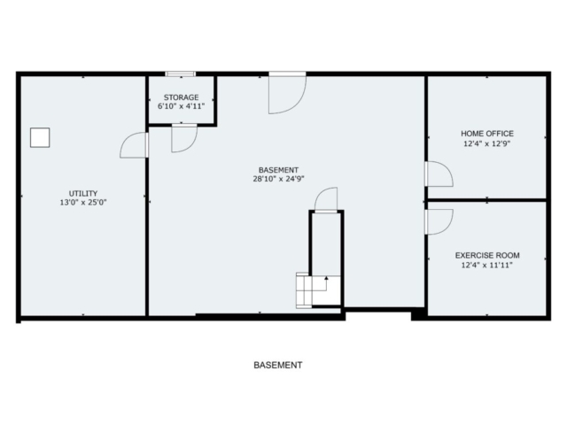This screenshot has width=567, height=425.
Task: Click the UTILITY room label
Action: (83, 193)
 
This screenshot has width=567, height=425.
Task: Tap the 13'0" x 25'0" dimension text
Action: (83, 203)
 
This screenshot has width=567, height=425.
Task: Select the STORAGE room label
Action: (181, 97)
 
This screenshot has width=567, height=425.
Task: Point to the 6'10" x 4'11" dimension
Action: (181, 106)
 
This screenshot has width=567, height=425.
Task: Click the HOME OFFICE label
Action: (487, 134)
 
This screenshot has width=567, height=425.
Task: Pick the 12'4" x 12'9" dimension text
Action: (487, 143)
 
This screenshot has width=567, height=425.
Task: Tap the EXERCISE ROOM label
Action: (487, 255)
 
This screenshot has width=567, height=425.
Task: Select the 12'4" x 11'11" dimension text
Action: (487, 266)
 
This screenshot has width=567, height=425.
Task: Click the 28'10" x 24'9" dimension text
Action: (278, 179)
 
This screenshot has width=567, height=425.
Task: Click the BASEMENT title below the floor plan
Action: (277, 365)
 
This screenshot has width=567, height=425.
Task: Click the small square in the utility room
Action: (40, 137)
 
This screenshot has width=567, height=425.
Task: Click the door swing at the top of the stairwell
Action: (320, 195)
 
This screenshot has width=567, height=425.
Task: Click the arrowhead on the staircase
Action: (326, 278)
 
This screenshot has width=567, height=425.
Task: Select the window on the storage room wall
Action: (181, 74)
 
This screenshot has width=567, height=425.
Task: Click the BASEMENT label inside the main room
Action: (278, 170)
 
